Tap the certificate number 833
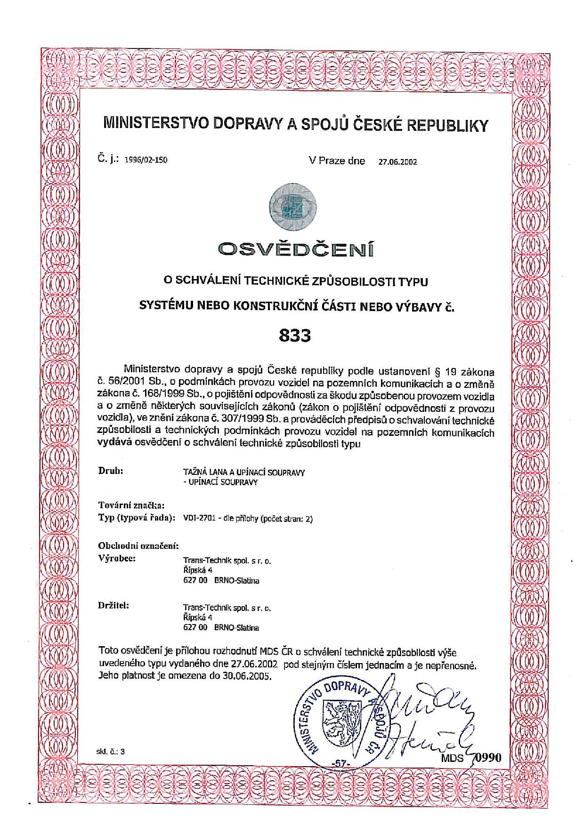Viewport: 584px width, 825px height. click(x=295, y=336)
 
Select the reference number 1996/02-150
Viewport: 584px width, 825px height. click(x=146, y=160)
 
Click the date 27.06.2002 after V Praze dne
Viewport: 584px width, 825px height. click(x=397, y=162)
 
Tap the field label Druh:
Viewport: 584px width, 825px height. click(x=111, y=470)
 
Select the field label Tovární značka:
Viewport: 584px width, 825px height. click(x=131, y=505)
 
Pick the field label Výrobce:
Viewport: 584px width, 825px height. click(x=117, y=559)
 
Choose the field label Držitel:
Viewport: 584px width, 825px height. click(x=114, y=605)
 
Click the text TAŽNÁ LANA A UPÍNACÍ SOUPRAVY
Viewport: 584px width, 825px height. click(x=243, y=473)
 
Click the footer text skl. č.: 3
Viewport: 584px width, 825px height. click(x=111, y=752)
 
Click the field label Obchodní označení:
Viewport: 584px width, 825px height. click(x=138, y=546)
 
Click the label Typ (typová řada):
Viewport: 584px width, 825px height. click(x=137, y=518)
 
